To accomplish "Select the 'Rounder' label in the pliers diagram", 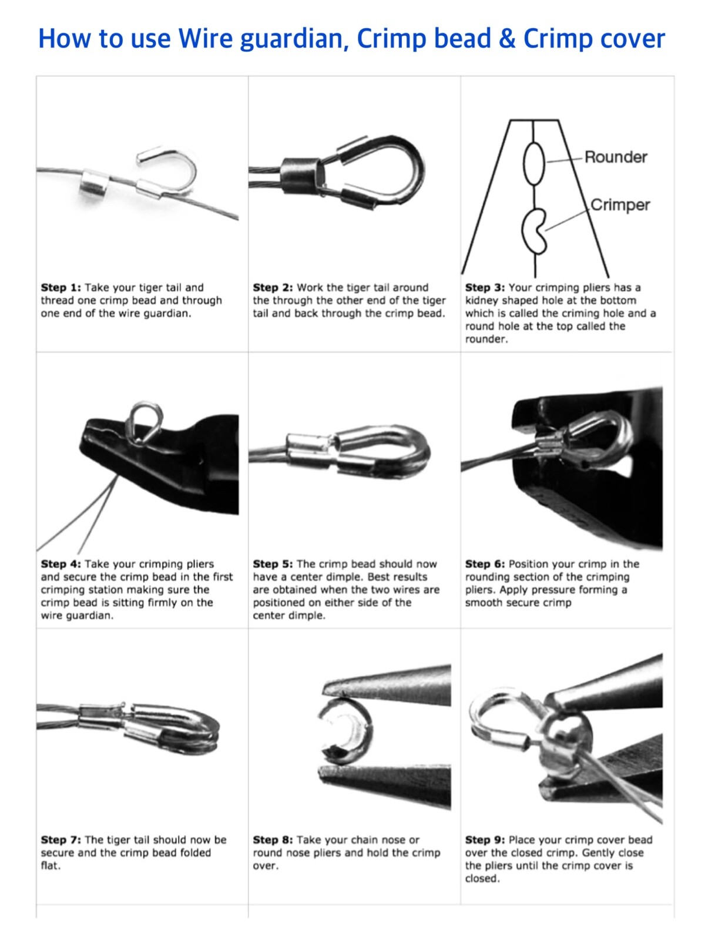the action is point(616,157).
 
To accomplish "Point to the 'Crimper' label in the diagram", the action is point(620,205).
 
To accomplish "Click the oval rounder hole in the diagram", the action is point(534,164).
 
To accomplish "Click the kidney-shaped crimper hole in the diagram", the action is point(535,231).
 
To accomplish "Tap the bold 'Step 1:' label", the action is point(61,288).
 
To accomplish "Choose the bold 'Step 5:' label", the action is point(273,564).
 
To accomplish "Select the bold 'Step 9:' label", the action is point(485,840).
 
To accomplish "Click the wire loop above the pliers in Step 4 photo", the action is point(146,422).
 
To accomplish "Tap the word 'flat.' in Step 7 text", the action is point(51,865).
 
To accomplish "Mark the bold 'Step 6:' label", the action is point(485,564).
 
